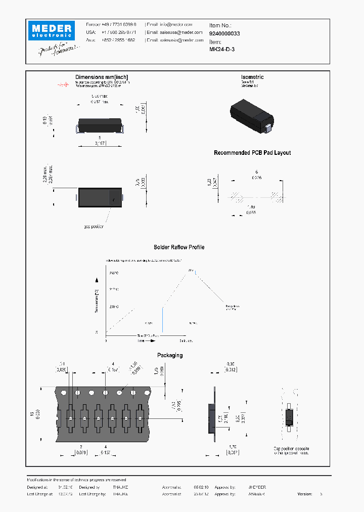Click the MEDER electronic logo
coord(51,29)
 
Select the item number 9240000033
coord(224,33)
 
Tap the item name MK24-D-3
coord(222,50)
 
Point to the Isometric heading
coord(252,77)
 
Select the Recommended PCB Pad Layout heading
coord(252,153)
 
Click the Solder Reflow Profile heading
coord(179,247)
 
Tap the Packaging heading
coord(170,355)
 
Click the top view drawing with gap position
coord(100,197)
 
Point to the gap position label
coord(94,227)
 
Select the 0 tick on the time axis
coord(106,341)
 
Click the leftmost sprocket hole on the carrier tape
coord(64,393)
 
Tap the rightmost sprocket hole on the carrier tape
coord(147,393)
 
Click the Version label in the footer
coord(305,494)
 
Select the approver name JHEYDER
coord(257,487)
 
